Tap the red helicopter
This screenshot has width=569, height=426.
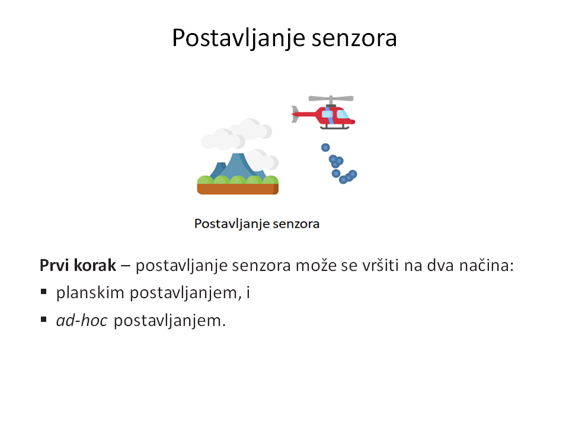[324, 112]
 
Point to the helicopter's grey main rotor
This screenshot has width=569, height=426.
[331, 99]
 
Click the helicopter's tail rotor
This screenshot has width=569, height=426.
[295, 114]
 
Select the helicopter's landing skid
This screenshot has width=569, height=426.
[334, 127]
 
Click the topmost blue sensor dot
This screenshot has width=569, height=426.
[325, 147]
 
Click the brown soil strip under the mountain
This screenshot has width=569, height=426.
[238, 189]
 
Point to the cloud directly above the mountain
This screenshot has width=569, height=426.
[236, 134]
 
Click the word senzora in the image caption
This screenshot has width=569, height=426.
[296, 224]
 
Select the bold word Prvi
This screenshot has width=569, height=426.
[55, 266]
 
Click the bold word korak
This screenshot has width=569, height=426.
[95, 266]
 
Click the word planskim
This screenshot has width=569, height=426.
[90, 293]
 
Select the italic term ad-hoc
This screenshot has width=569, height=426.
[82, 321]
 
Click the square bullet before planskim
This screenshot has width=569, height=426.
[43, 292]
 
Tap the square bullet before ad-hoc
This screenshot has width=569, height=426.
[43, 319]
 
